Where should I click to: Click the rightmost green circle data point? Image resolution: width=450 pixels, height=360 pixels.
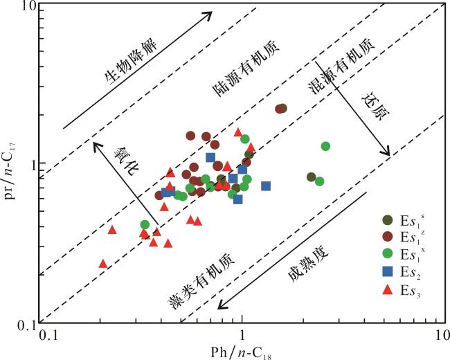coord(325,146)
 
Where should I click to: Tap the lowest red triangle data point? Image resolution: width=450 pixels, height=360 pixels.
coord(103,264)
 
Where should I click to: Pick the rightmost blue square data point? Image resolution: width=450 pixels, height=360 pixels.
coord(266,186)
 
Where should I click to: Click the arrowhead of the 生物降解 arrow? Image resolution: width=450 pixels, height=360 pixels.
coord(210,14)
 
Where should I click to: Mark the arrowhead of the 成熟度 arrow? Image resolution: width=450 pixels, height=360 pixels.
coord(217,306)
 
